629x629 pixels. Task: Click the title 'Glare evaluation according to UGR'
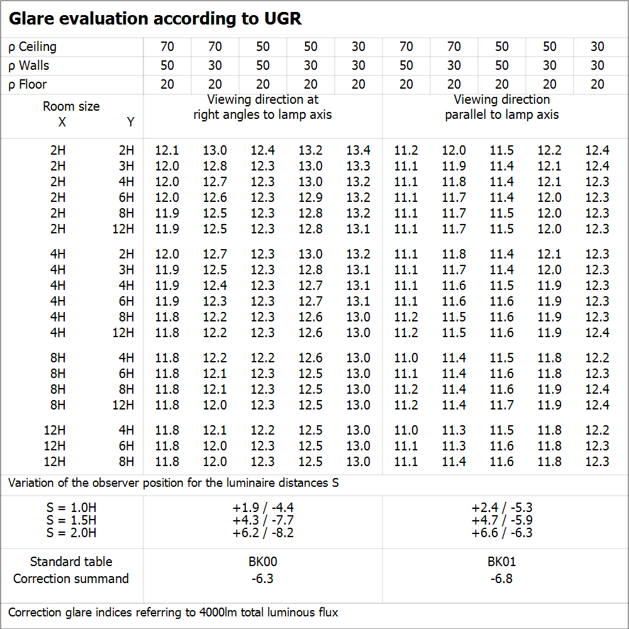[155, 19]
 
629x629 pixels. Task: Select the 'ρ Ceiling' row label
[33, 47]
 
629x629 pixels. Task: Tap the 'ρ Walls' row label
[29, 65]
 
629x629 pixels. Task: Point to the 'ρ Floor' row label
[28, 84]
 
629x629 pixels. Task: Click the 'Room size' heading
[71, 106]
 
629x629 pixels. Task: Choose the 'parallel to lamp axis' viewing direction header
[502, 114]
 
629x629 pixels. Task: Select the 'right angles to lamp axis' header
[262, 114]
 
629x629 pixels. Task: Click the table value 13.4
[358, 150]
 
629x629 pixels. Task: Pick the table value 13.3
[358, 166]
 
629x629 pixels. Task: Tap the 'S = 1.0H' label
[71, 508]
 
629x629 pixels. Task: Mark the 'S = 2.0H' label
[71, 533]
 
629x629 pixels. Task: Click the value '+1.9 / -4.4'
[263, 508]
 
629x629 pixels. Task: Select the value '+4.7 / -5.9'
[502, 520]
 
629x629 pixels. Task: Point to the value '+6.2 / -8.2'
[263, 533]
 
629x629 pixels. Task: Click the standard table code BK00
[263, 562]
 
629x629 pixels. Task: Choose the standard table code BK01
[502, 562]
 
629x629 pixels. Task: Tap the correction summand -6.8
[502, 579]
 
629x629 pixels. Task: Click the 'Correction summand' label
[71, 579]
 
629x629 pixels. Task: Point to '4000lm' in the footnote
[221, 612]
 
